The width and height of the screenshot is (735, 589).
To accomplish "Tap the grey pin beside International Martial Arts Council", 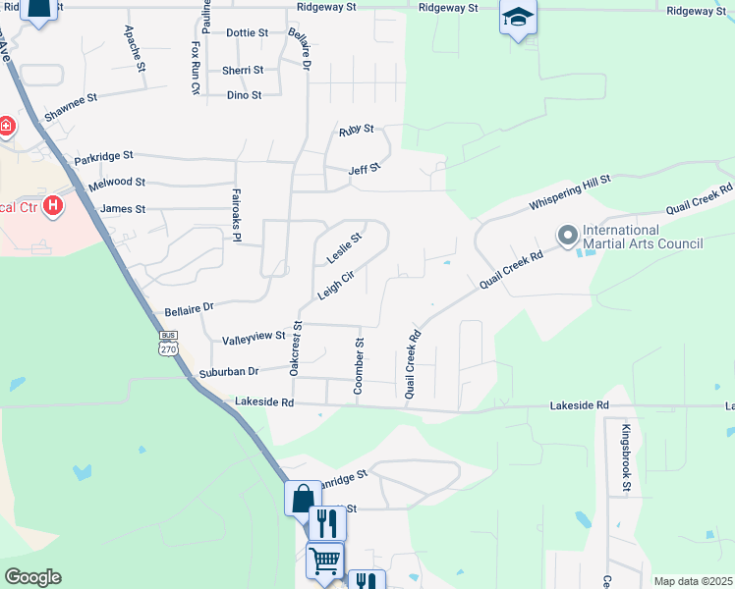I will point(567,236).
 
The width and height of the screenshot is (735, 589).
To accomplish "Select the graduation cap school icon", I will point(518,19).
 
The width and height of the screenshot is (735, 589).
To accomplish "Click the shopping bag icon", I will point(303,497).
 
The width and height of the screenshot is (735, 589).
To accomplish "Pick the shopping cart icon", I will point(325,561).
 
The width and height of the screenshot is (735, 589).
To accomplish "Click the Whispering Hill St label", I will point(570,192).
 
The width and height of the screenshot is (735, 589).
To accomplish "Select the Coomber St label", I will point(359,366).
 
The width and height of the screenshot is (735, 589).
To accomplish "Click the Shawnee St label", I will point(72,99).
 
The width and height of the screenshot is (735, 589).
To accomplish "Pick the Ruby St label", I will point(357,129).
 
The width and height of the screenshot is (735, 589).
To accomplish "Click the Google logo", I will point(32,577).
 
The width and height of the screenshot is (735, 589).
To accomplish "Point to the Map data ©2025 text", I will point(692,581).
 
